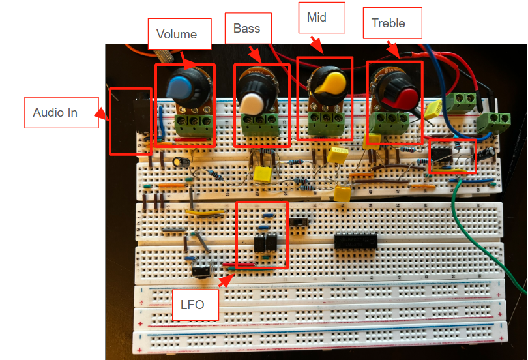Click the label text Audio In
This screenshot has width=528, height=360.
(55, 113)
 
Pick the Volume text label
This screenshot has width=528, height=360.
(176, 34)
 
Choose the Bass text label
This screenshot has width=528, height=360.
(247, 29)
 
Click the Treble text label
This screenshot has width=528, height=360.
(388, 23)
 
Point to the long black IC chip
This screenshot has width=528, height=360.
(355, 241)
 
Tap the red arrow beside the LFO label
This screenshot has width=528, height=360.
(226, 281)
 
